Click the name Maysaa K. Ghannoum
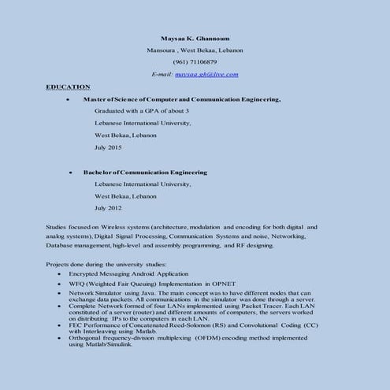[x=195, y=37]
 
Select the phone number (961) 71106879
[x=195, y=61]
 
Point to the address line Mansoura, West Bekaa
[x=195, y=50]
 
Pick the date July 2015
[x=108, y=147]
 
